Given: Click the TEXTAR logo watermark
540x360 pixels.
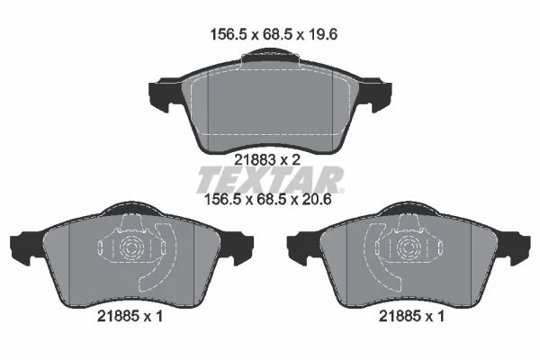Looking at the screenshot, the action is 270,180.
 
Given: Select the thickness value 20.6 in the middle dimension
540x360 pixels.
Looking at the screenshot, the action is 316,200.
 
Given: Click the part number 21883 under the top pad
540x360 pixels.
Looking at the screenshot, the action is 256,159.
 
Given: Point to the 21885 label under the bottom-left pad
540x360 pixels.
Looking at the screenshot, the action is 118,316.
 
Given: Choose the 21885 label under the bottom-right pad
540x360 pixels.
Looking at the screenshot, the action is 400,316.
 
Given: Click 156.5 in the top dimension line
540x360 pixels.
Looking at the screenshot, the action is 229,34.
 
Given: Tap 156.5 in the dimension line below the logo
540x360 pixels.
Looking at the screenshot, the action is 223,200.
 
